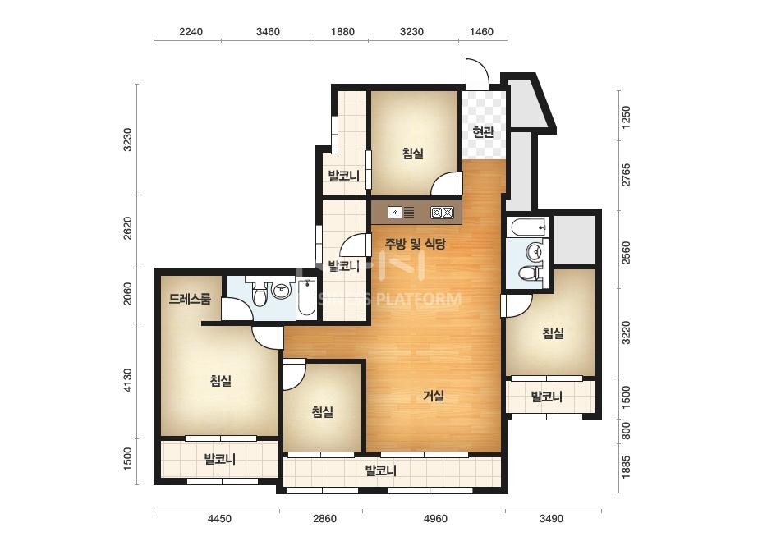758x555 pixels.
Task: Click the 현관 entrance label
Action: tap(483, 132)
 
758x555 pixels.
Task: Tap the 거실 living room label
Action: tap(434, 396)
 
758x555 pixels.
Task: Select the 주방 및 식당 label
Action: tap(415, 244)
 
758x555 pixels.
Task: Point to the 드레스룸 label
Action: tap(190, 299)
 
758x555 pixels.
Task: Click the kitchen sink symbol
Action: tap(402, 213)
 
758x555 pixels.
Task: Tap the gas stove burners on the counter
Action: tap(443, 213)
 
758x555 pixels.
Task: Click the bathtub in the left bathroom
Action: tap(306, 298)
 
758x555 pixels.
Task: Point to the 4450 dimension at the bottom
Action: tap(219, 519)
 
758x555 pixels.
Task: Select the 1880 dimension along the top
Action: tap(342, 32)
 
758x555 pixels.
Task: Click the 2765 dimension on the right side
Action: tap(626, 175)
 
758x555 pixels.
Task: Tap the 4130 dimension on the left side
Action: tap(127, 380)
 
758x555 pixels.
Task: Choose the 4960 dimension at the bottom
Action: tap(435, 519)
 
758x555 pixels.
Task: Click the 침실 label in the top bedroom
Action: tap(413, 154)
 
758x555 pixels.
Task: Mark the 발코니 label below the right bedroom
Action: tap(547, 397)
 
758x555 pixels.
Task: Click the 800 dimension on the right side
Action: tap(626, 431)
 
